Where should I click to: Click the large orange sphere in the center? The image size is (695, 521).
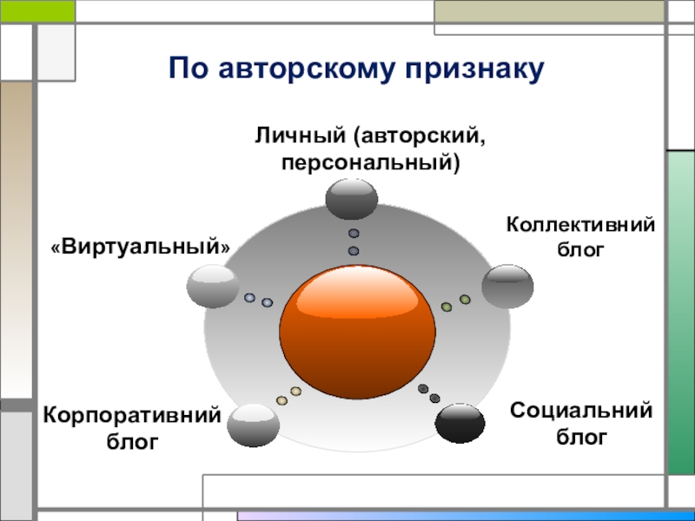coord(357,332)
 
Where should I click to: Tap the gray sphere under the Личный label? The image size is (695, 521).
coord(352,200)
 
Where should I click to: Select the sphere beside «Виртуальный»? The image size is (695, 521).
coord(213,287)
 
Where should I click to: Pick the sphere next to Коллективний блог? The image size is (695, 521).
coord(507,287)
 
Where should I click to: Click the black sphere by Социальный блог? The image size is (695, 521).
coord(460,423)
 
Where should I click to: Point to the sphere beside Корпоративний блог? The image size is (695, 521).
coord(253,425)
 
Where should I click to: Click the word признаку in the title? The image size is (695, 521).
coord(474,69)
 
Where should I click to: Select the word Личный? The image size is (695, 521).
coord(300,135)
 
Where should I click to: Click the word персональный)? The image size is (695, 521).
coord(371,162)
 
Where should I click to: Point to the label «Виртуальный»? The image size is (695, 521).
coord(141,247)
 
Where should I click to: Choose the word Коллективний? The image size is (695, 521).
coord(580,224)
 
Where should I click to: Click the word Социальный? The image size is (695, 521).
coord(581,410)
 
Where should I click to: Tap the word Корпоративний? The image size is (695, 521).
coord(132,415)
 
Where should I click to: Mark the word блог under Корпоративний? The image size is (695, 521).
coord(132,441)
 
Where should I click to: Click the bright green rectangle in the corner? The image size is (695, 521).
coord(37,11)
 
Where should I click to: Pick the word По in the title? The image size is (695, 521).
coord(189,69)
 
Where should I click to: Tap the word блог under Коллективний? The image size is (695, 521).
coord(580,250)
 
